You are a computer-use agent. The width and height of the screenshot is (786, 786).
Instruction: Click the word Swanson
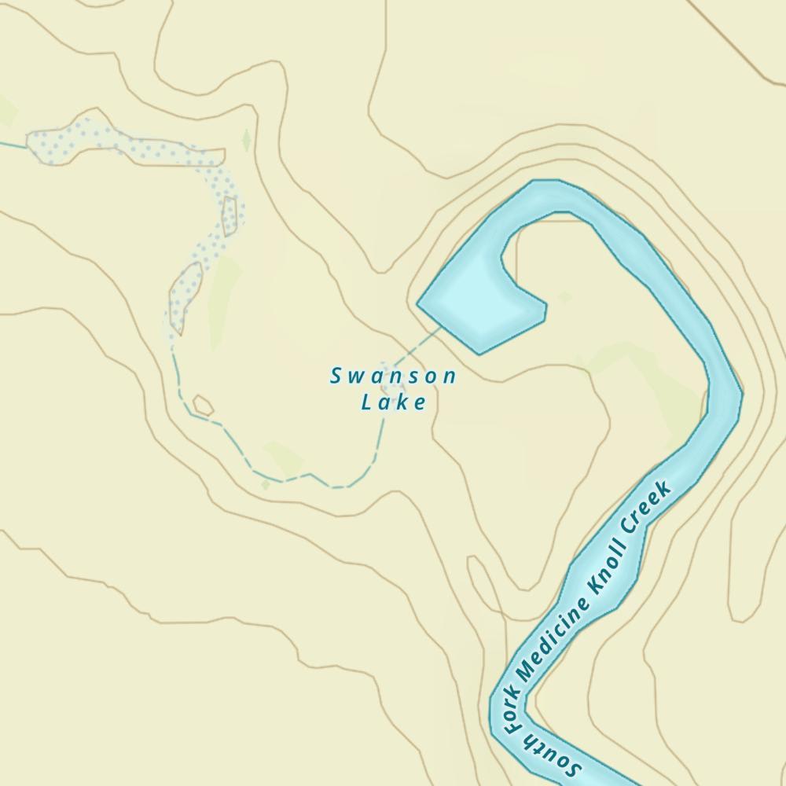pos(393,376)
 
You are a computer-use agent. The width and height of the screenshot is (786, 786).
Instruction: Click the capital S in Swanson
pos(336,376)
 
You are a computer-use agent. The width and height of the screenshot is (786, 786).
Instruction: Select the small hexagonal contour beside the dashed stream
pos(203,405)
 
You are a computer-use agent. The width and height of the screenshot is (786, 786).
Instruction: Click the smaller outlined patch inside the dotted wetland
pos(230,216)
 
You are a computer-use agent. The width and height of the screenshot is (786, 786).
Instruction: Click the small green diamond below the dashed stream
pos(266,486)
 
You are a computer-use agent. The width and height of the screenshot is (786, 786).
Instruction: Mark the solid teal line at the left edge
pos(12,145)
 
